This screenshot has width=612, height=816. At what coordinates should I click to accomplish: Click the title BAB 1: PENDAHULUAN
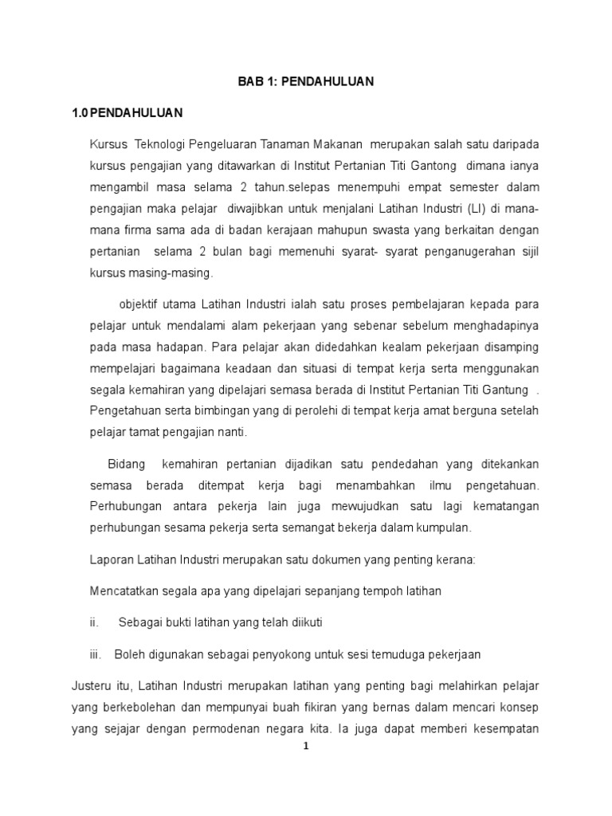306,81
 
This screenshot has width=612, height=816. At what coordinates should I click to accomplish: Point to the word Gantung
505,390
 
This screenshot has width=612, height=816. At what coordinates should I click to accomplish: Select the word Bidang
126,463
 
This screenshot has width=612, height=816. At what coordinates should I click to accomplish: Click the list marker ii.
93,622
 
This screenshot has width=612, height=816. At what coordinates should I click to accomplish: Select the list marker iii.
95,653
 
